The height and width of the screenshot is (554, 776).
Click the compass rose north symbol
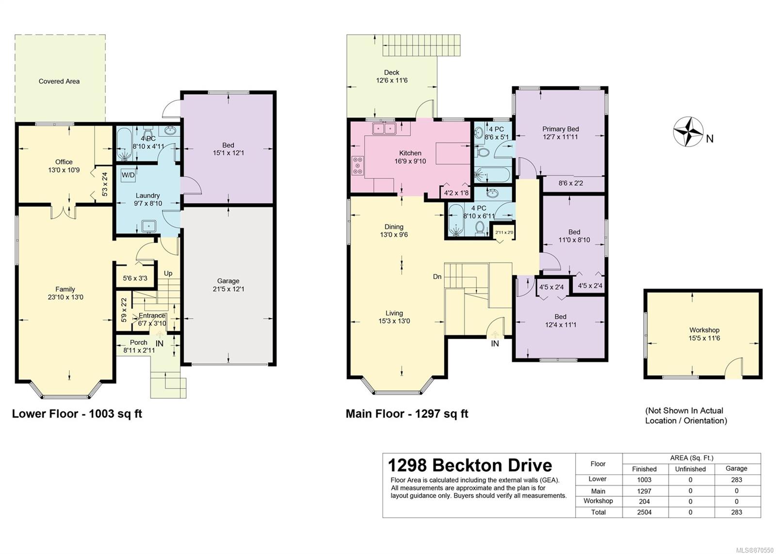click(x=688, y=131)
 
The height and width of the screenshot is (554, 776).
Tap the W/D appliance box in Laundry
click(x=128, y=175)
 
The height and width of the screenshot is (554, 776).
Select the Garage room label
click(x=228, y=281)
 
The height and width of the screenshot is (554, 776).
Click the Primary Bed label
click(x=561, y=129)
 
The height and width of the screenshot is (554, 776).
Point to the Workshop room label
click(x=704, y=330)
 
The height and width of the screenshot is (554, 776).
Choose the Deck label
click(x=392, y=72)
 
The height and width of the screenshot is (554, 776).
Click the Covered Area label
click(x=59, y=81)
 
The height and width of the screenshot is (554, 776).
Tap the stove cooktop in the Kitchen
click(x=357, y=165)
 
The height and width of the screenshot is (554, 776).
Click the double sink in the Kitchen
click(x=384, y=129)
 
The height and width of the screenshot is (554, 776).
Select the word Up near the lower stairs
click(x=168, y=274)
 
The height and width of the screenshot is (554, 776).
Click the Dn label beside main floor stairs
click(x=437, y=277)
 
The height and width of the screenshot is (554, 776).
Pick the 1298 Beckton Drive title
click(x=470, y=465)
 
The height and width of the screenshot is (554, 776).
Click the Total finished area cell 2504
click(x=645, y=512)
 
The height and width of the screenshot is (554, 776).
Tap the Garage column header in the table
click(x=737, y=469)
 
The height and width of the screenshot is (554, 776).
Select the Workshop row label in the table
click(x=598, y=501)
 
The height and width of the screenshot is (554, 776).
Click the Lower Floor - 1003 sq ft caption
click(x=77, y=414)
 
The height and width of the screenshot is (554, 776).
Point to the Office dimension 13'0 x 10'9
click(x=64, y=170)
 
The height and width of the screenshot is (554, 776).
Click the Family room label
click(x=65, y=289)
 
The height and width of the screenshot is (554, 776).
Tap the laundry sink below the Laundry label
click(x=149, y=226)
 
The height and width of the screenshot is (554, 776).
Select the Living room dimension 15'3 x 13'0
click(x=394, y=321)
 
